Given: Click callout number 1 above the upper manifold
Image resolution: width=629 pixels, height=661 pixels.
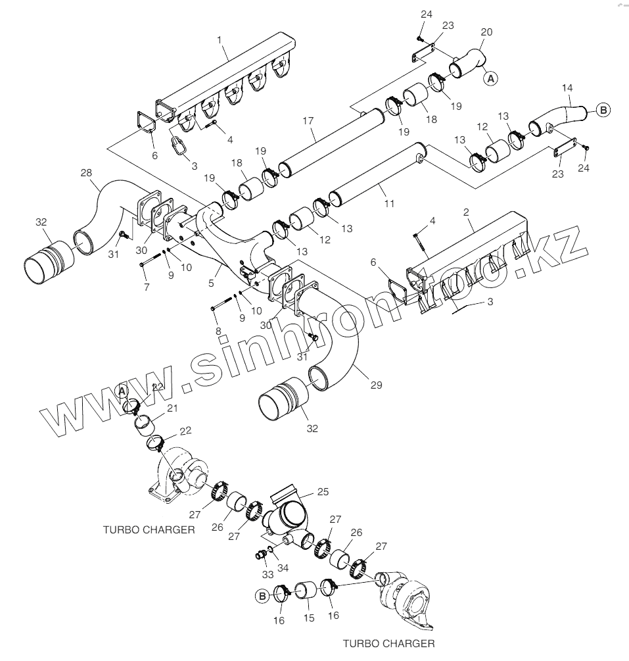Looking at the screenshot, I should click(219, 40).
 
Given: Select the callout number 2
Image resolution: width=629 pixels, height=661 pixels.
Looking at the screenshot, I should click(465, 212).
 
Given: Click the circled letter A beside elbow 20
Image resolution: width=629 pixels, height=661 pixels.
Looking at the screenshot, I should click(491, 78).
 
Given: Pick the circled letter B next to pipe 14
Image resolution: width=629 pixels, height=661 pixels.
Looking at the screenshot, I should click(603, 110).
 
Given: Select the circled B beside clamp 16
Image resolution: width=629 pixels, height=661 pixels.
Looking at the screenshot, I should click(262, 596).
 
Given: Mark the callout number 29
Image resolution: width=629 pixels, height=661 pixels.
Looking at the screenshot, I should click(376, 384).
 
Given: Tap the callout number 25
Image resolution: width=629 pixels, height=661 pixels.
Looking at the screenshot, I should click(323, 491).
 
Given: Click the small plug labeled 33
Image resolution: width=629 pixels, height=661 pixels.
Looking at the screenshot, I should click(260, 554).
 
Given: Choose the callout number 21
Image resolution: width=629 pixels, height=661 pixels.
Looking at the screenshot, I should click(172, 408).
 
